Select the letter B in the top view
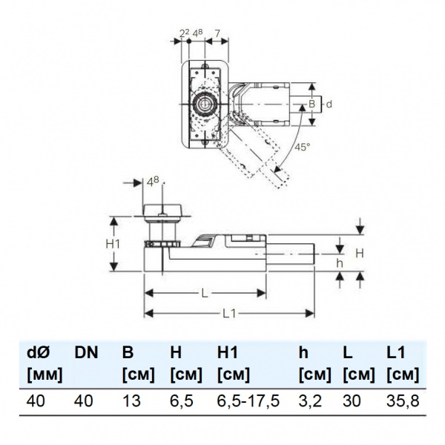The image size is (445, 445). [312, 105]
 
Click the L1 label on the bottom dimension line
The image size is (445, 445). [228, 314]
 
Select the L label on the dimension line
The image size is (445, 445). [205, 293]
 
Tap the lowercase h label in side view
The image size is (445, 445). [340, 263]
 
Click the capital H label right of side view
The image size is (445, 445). [360, 253]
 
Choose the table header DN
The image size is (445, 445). [87, 354]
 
